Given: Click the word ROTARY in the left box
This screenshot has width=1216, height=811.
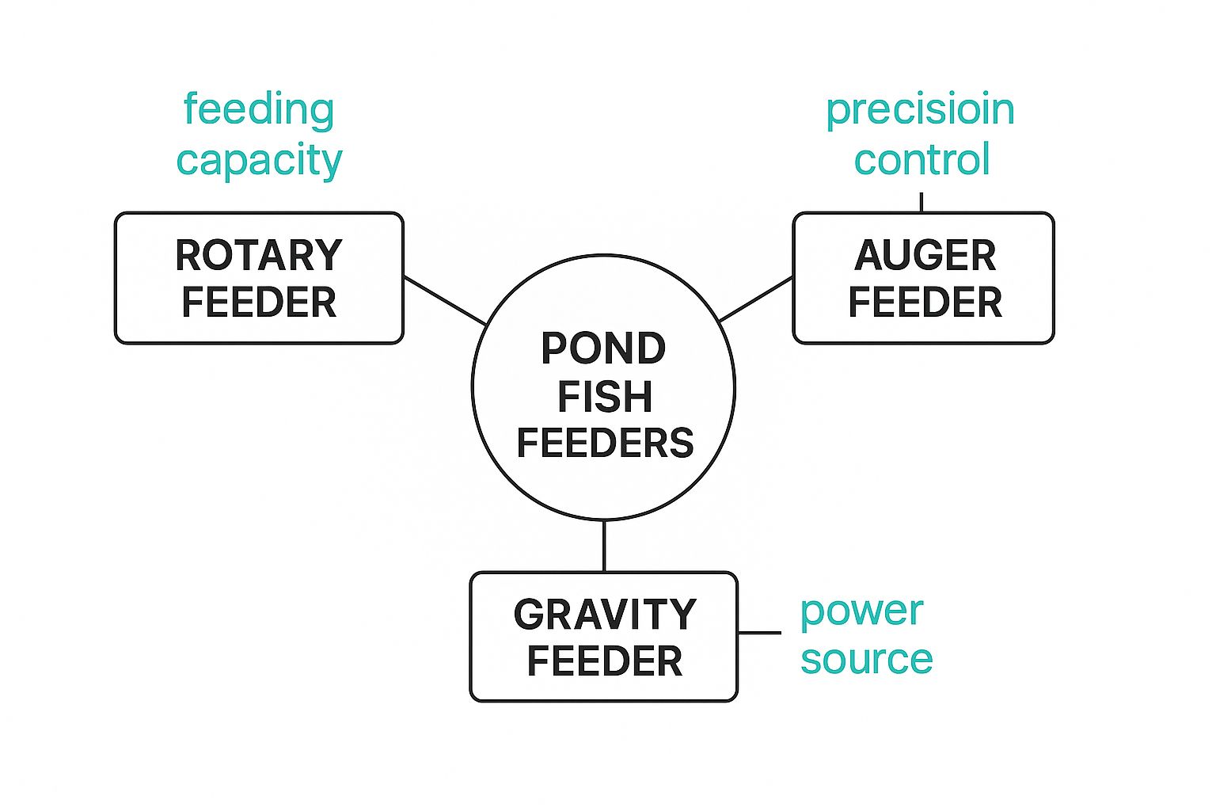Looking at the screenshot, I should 259,256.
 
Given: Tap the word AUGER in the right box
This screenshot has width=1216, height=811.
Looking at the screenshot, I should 925,256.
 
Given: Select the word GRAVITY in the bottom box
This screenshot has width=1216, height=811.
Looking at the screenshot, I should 605,615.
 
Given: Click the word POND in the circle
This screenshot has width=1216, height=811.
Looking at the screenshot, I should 603,348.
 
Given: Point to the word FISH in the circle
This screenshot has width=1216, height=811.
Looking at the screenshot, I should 605,396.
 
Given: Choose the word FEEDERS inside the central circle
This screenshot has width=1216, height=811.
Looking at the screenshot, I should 605,443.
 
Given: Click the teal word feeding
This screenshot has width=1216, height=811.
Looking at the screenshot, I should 259,109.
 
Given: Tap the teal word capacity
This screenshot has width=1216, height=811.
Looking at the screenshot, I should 259,160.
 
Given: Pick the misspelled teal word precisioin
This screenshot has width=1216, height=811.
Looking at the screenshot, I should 920,109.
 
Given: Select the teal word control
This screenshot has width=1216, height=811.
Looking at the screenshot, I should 922,160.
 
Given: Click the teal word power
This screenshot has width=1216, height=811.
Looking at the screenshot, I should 861,611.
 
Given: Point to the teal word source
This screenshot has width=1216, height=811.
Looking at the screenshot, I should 866,659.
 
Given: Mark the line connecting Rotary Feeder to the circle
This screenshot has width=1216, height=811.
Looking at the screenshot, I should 445,300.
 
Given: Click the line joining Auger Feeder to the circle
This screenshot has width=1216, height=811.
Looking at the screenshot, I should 756,299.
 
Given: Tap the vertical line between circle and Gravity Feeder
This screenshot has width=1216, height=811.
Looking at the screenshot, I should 604,546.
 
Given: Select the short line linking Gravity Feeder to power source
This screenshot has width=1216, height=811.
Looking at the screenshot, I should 759,632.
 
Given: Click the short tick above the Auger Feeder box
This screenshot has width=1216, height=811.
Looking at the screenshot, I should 921,202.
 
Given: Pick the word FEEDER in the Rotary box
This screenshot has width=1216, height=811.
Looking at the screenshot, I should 259,303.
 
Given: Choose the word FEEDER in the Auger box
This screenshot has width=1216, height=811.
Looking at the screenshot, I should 925,303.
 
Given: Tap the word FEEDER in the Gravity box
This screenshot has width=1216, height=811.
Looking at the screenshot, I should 605,661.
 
